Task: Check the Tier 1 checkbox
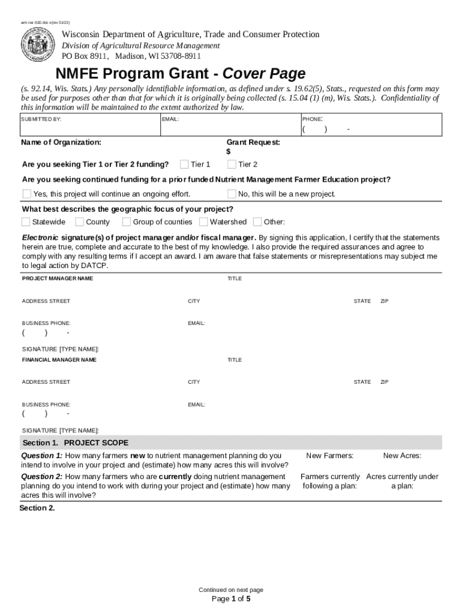tap(185, 164)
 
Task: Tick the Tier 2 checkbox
tap(232, 164)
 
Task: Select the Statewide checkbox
tap(26, 222)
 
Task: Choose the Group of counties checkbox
tap(127, 222)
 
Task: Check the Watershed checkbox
tap(203, 222)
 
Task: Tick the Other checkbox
tap(258, 222)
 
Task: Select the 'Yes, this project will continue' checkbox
tap(26, 194)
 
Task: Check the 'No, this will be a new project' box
tap(232, 194)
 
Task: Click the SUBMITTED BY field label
tap(41, 119)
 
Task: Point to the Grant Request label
tap(253, 142)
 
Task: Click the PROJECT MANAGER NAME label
tap(58, 279)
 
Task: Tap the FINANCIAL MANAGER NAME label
tap(59, 360)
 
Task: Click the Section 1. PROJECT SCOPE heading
tap(76, 443)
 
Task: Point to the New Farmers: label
tap(329, 456)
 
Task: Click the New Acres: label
tap(402, 456)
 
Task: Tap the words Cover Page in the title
tap(264, 74)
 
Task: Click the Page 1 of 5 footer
tap(231, 598)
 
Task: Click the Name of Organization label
tap(61, 142)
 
